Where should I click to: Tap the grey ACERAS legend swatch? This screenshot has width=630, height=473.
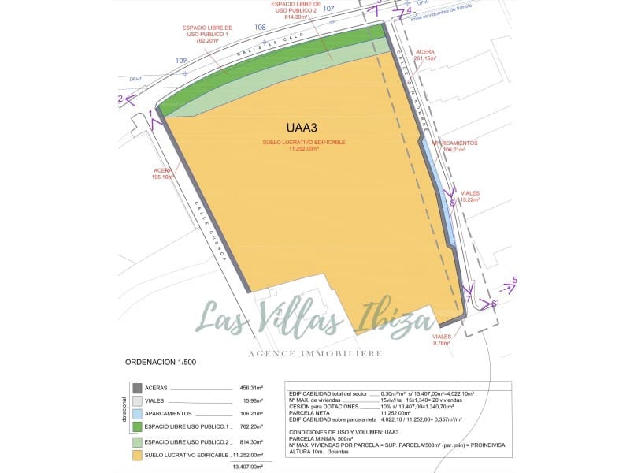[137, 388]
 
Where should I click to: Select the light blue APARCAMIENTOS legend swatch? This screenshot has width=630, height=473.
[137, 414]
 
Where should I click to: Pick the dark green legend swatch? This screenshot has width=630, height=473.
[137, 426]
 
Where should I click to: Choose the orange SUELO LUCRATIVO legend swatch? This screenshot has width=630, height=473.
[137, 455]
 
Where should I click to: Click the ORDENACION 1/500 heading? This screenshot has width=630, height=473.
[161, 362]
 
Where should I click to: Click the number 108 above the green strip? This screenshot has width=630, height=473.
[260, 28]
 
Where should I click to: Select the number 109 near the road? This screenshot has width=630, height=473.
[181, 61]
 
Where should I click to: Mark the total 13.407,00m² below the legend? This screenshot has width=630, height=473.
[246, 467]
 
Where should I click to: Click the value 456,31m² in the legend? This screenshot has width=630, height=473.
[250, 388]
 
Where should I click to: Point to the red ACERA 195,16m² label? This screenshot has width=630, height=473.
[163, 174]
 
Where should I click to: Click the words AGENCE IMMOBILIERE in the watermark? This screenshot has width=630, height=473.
[315, 353]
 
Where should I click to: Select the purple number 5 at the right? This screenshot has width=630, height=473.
[514, 280]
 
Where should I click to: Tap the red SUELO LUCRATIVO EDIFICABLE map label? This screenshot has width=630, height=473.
[304, 145]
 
